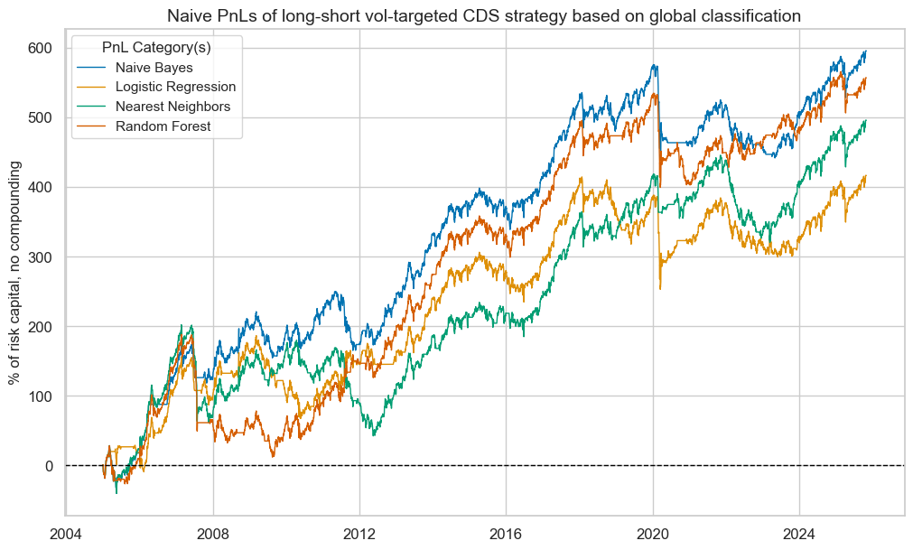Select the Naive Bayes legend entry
154,67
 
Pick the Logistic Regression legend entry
175,87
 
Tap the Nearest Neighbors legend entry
172,107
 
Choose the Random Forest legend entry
163,126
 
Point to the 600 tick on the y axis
41,48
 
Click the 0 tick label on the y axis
50,466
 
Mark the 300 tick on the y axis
41,257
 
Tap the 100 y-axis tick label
41,396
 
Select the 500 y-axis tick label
41,117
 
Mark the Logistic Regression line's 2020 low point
660,288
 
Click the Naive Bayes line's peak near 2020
653,65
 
